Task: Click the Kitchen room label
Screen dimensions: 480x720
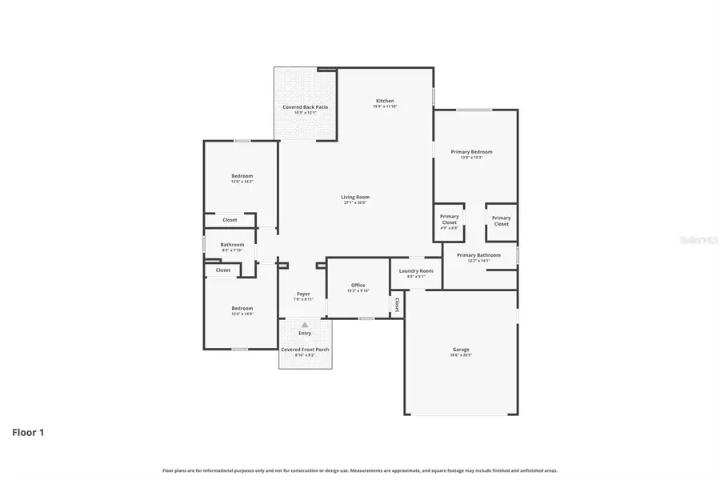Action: click(385, 102)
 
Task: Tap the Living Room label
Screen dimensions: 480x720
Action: click(355, 197)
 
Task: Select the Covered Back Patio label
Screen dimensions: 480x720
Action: click(305, 107)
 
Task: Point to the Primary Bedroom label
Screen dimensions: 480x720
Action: click(471, 152)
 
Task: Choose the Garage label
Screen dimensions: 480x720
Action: click(461, 350)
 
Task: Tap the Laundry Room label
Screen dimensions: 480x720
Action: click(416, 271)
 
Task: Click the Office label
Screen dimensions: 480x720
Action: click(358, 286)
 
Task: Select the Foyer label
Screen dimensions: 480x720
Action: click(303, 294)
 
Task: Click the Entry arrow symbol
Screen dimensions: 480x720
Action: click(305, 325)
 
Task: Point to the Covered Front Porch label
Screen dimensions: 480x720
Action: click(305, 350)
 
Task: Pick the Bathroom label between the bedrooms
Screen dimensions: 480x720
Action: click(232, 245)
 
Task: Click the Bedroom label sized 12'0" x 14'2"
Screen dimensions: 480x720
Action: click(242, 176)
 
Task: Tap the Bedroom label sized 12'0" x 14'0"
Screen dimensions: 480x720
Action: click(242, 309)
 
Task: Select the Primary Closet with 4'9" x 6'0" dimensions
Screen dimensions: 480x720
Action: click(450, 220)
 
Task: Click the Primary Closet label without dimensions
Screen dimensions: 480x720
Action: click(501, 221)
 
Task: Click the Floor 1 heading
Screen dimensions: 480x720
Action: click(28, 433)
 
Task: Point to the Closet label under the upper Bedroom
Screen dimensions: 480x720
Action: click(230, 220)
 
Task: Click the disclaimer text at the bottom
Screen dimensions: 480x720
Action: click(360, 470)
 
